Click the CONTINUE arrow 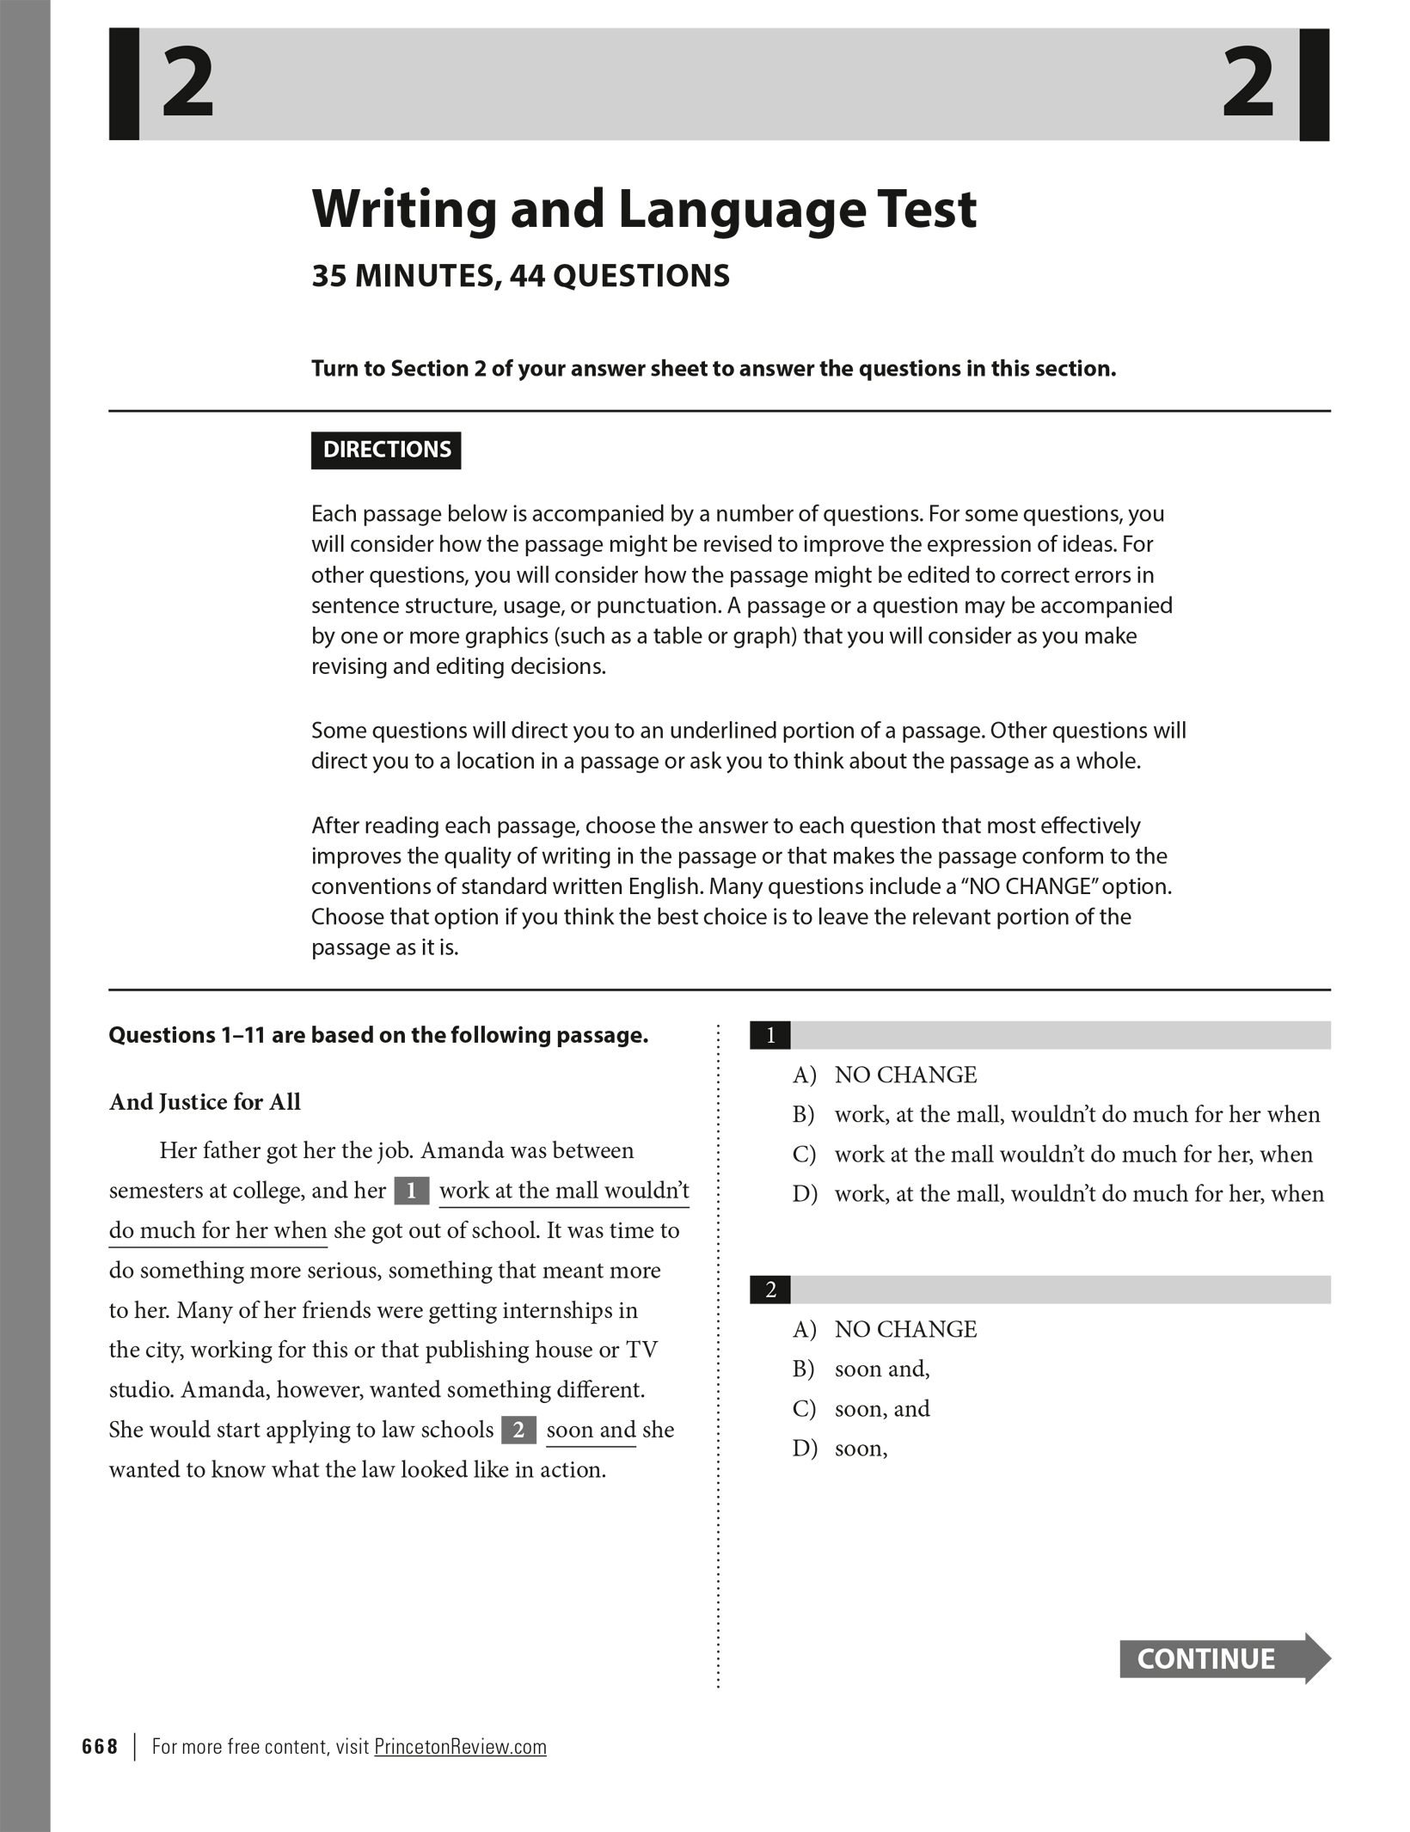coord(1223,1658)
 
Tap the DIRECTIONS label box coord(386,450)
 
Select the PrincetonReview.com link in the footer coord(460,1747)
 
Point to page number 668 coord(100,1747)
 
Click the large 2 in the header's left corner coord(188,84)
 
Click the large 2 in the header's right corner coord(1248,84)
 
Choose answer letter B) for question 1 coord(804,1115)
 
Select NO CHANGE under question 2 coord(905,1330)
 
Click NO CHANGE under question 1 coord(905,1075)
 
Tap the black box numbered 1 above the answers coord(770,1036)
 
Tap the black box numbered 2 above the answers coord(770,1290)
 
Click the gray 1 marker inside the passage coord(412,1192)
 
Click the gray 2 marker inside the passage coord(518,1431)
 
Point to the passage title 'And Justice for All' coord(205,1103)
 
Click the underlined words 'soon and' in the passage coord(591,1431)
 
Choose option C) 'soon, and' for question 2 coord(882,1409)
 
